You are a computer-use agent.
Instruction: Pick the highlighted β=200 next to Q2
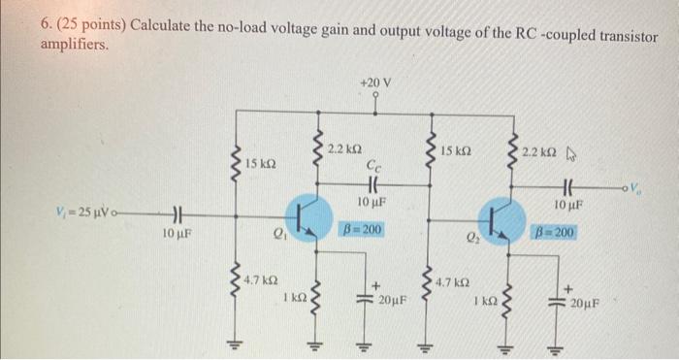555,233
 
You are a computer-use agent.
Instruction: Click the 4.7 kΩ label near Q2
455,282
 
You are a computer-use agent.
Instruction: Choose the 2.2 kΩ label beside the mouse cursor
539,153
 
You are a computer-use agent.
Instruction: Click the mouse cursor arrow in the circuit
570,152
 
